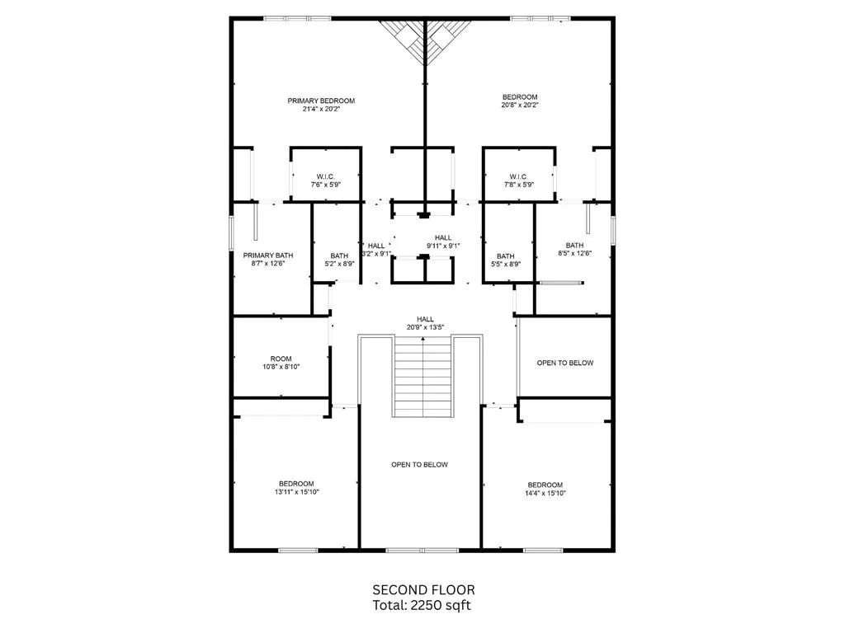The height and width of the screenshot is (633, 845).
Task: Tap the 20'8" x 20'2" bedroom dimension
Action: click(520, 105)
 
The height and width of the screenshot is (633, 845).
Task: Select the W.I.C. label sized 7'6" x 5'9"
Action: click(325, 181)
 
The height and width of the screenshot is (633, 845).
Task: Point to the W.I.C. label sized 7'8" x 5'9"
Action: click(518, 181)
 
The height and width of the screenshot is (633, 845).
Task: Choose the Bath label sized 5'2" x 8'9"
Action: click(339, 260)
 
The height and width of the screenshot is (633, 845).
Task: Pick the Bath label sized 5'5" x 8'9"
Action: click(506, 260)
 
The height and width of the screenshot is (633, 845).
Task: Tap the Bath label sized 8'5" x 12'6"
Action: click(574, 249)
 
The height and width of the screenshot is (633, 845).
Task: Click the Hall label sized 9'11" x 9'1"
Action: click(443, 241)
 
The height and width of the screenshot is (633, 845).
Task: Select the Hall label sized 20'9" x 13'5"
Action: click(425, 323)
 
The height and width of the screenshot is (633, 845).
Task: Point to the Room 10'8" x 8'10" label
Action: click(281, 363)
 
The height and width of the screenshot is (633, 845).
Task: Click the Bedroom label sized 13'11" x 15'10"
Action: click(296, 488)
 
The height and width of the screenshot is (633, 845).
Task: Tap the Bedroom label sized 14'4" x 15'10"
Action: click(545, 489)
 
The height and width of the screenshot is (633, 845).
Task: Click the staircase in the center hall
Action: click(423, 377)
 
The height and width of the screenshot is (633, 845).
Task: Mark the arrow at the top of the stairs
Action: click(423, 339)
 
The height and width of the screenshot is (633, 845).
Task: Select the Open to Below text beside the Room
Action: click(564, 363)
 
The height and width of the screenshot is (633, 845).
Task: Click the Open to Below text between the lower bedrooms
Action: click(419, 465)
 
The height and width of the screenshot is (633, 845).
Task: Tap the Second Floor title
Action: click(423, 590)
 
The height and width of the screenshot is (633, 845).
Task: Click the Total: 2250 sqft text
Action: click(422, 606)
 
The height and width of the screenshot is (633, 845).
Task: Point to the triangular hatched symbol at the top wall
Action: click(425, 42)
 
